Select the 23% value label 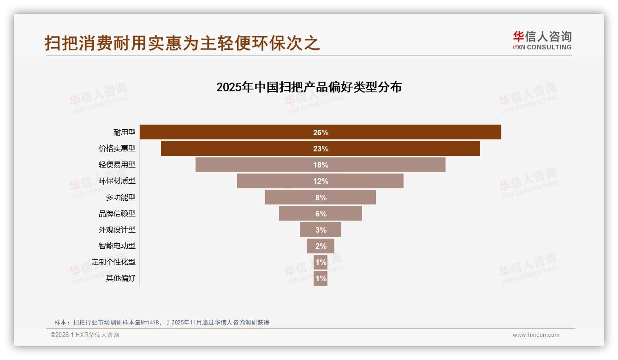click(x=321, y=149)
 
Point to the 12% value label click(x=321, y=181)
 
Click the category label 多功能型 click(x=121, y=197)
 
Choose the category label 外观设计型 click(x=117, y=229)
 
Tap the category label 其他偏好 click(x=121, y=278)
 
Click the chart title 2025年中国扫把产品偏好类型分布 click(x=309, y=87)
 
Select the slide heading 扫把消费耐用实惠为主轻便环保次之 click(x=182, y=43)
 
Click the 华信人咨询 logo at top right click(x=542, y=40)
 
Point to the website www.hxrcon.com click(x=536, y=335)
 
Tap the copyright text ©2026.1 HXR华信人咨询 click(x=85, y=335)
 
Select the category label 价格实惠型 click(x=117, y=149)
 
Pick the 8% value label click(x=321, y=198)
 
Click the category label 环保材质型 click(x=117, y=181)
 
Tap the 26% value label click(x=321, y=132)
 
